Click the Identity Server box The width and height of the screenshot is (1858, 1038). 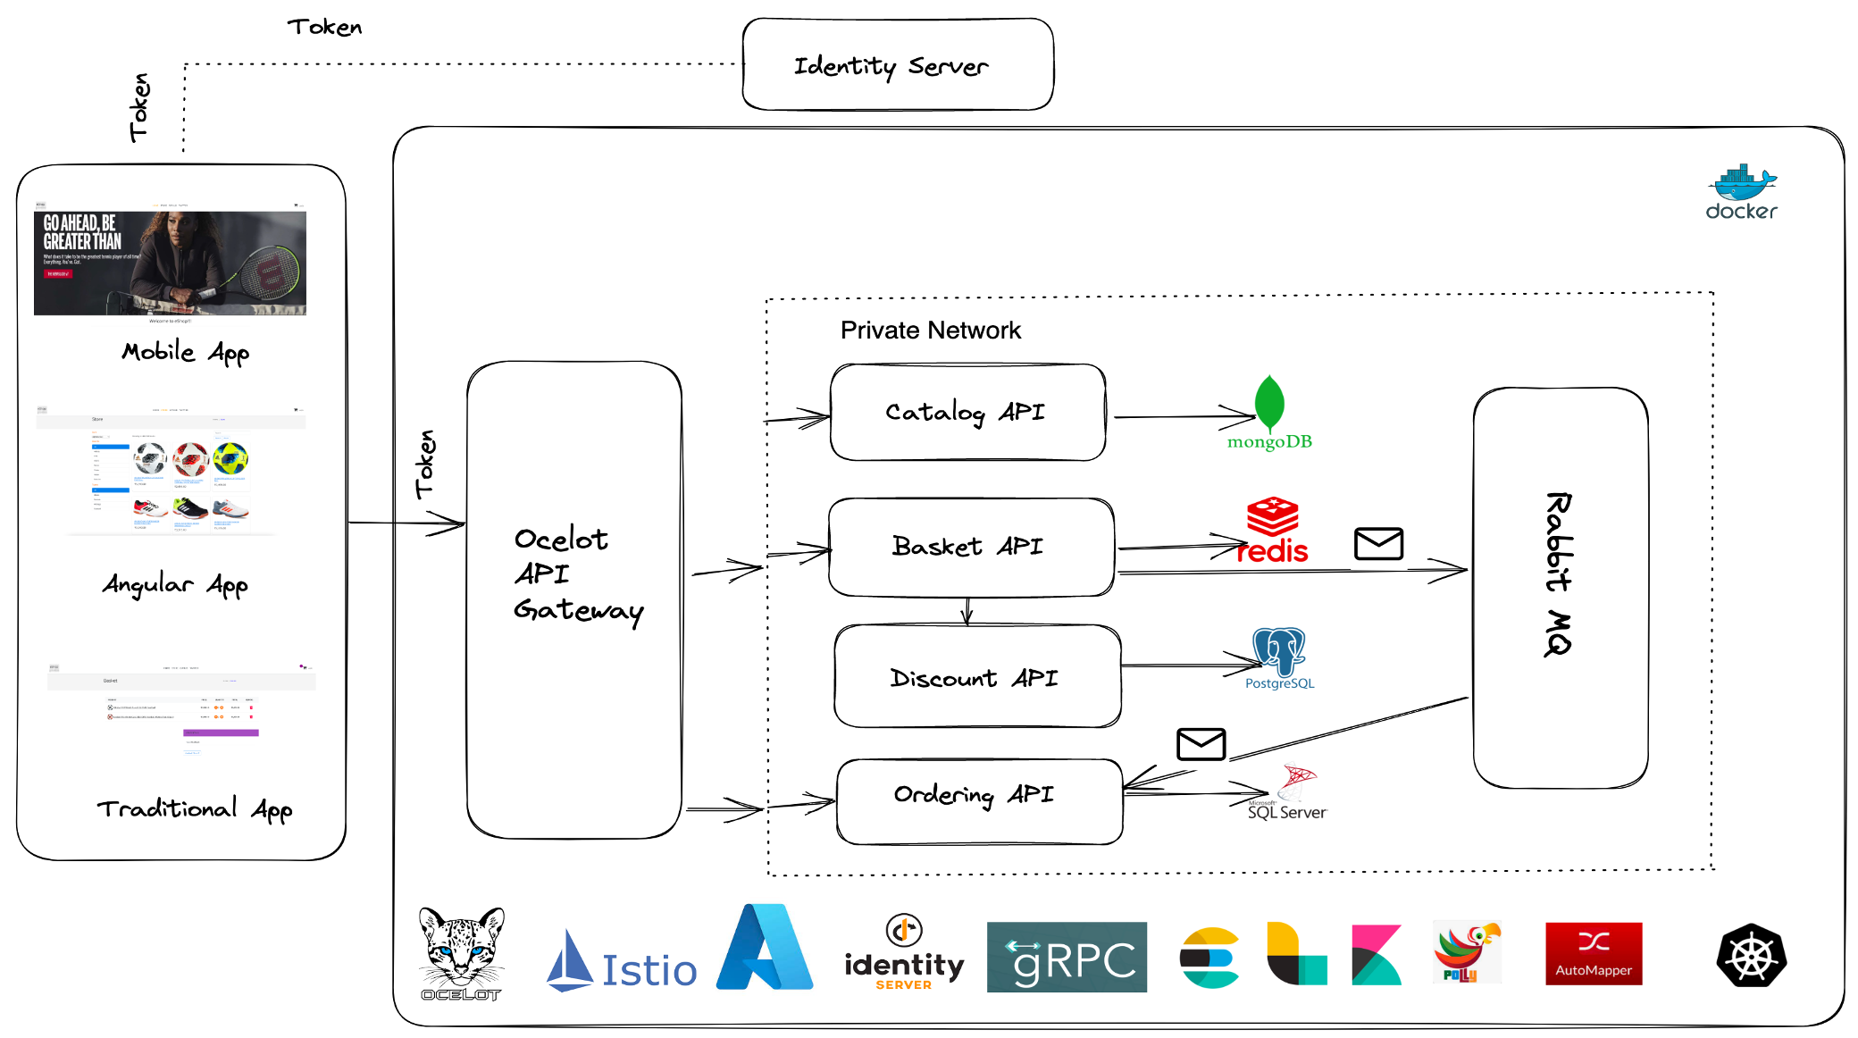[x=897, y=64]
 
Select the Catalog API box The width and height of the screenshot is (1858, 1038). [x=967, y=412]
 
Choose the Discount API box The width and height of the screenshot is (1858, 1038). [x=975, y=677]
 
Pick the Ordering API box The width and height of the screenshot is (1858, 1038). [x=977, y=800]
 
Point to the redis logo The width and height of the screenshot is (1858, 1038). [x=1273, y=532]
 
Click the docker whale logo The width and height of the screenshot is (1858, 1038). [x=1741, y=192]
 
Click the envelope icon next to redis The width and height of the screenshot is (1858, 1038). [x=1378, y=543]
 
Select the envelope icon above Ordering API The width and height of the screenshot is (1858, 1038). [x=1201, y=743]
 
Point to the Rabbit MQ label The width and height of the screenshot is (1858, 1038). [x=1559, y=573]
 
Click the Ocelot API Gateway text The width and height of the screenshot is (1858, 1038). [x=576, y=574]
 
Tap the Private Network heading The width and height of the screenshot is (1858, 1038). [x=930, y=331]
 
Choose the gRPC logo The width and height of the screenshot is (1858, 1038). [x=1067, y=958]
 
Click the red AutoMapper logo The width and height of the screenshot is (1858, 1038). [x=1594, y=954]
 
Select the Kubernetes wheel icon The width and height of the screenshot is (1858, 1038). [x=1751, y=956]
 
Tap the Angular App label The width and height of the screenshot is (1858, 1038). [x=175, y=584]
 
